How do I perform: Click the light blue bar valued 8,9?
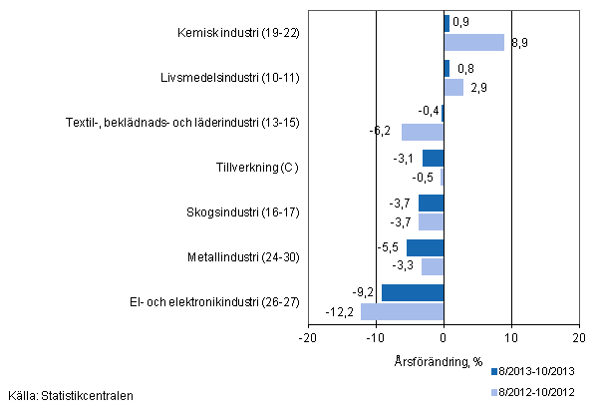tap(473, 42)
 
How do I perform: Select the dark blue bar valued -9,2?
tap(413, 292)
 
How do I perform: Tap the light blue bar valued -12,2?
tap(403, 311)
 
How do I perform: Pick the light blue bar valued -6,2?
tap(423, 132)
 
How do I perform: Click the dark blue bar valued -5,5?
tap(426, 247)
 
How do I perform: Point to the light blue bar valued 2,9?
tap(453, 87)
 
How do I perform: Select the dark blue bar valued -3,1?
tap(434, 158)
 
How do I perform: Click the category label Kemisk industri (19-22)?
tap(236, 33)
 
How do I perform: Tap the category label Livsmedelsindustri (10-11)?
tap(230, 77)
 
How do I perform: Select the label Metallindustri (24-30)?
tap(242, 257)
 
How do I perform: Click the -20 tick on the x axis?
tap(308, 338)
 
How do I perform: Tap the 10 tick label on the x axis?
tap(511, 338)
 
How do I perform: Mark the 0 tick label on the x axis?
tap(444, 338)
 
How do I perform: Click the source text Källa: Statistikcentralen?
tap(70, 396)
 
